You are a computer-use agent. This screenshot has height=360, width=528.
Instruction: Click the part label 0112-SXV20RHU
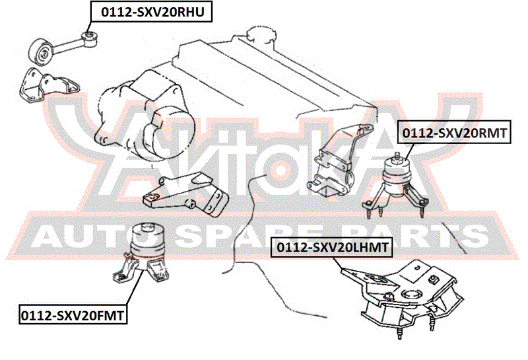[x=152, y=11]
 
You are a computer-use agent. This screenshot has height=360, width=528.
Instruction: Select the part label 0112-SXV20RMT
[x=454, y=133]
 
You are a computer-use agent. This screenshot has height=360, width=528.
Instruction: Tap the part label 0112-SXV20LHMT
[x=332, y=247]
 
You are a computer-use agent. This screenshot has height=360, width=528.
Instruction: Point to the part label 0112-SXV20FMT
[x=73, y=315]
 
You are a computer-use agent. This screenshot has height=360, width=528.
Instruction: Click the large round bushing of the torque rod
[x=42, y=52]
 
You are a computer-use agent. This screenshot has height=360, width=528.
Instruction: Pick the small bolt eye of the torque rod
[x=90, y=38]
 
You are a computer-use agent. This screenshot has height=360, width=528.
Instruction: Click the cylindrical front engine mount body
[x=147, y=242]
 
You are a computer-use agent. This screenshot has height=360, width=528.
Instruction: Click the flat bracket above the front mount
[x=186, y=194]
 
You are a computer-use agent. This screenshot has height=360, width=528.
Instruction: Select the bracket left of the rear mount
[x=339, y=162]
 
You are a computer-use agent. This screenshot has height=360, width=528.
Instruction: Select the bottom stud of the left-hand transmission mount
[x=400, y=334]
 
